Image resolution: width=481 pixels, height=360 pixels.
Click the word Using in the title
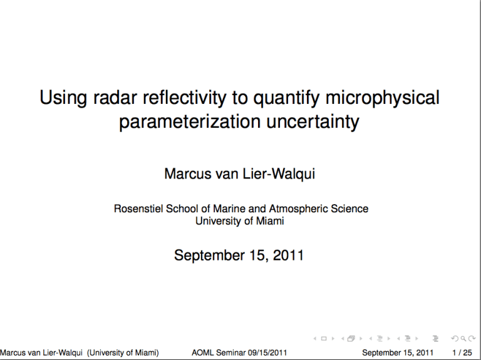coord(63,98)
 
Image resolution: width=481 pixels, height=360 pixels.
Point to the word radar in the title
coord(115,98)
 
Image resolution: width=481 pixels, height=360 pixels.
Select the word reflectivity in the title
coord(184,98)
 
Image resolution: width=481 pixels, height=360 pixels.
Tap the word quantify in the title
coord(286,98)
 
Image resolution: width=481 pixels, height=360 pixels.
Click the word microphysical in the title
coord(383,98)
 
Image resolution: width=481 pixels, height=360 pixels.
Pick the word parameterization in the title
coord(190,121)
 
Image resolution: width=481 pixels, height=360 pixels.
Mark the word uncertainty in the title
coord(313,121)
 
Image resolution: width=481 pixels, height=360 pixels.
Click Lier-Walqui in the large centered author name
coord(279,174)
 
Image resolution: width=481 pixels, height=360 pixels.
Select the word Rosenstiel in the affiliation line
coord(138,208)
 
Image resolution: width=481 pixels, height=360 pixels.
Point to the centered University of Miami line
coord(240,221)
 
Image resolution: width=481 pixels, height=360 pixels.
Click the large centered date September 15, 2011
coord(239,255)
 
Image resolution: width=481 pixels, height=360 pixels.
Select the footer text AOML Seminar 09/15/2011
coord(239,352)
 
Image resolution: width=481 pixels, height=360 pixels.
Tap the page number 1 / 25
coord(462,352)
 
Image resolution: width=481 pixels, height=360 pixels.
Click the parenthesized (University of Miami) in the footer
coord(123,352)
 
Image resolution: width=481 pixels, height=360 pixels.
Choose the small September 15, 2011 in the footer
coord(398,352)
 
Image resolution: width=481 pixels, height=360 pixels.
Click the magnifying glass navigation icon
coord(463,339)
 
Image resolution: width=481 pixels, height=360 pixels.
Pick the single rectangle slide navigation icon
coord(324,339)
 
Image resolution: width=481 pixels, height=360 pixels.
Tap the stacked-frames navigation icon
coord(351,339)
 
